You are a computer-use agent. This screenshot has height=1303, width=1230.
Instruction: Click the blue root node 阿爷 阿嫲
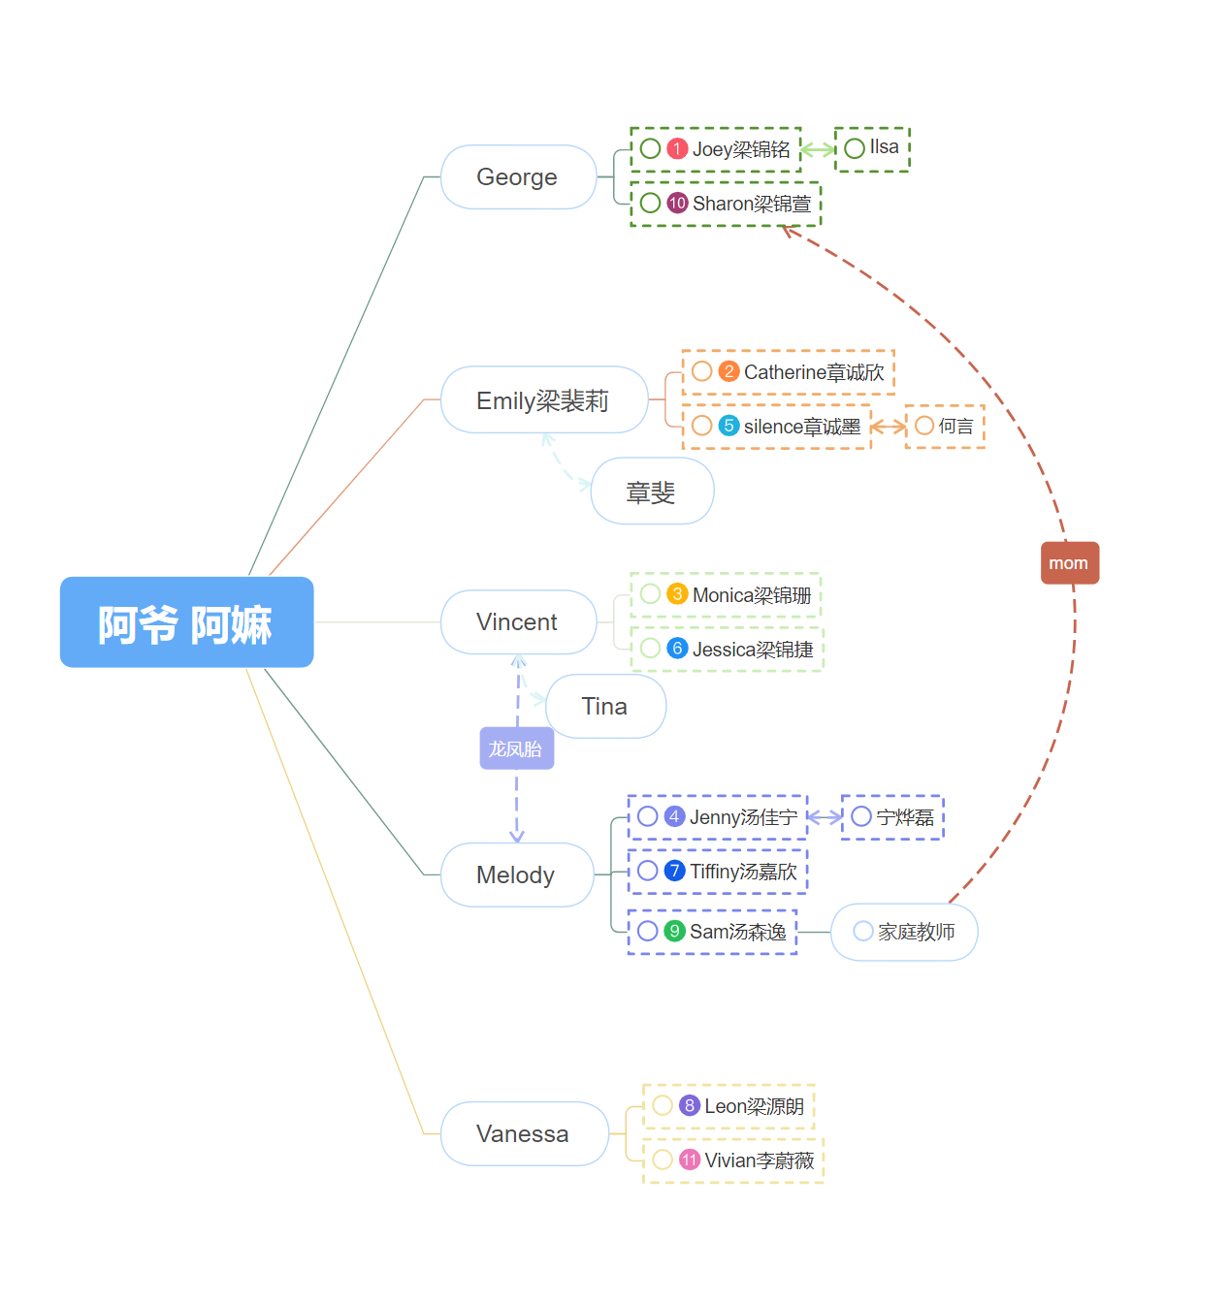(186, 622)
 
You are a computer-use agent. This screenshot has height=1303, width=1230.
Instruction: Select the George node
(518, 177)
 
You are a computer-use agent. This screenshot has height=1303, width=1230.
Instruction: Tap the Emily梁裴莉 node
(543, 400)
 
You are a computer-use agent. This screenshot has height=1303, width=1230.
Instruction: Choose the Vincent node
(518, 622)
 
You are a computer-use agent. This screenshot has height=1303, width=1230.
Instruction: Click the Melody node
(516, 875)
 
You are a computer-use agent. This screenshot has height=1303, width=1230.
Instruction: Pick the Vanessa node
(524, 1134)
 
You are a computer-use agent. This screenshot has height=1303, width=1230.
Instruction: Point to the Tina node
(605, 707)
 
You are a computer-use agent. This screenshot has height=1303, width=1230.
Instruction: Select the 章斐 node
(652, 493)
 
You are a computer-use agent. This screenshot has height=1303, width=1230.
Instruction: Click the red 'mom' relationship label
(1069, 563)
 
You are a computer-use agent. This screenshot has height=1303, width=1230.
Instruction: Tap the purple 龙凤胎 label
(516, 749)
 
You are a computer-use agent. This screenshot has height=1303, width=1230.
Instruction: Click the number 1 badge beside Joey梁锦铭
(677, 149)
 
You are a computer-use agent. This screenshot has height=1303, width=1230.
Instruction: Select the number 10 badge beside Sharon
(677, 204)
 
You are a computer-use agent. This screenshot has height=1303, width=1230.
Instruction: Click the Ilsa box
(872, 149)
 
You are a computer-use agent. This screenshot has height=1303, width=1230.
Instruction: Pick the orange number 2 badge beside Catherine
(728, 372)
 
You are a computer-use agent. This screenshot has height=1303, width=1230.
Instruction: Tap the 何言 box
(945, 427)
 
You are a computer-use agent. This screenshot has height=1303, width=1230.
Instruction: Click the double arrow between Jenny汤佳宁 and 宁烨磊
(825, 817)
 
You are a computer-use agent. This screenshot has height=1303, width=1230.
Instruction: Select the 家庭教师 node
(904, 933)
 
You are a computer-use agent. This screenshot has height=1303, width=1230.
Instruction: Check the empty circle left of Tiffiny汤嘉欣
(648, 871)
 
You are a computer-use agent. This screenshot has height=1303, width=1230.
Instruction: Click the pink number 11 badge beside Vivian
(690, 1160)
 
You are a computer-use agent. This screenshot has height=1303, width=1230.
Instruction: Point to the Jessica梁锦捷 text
(753, 650)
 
